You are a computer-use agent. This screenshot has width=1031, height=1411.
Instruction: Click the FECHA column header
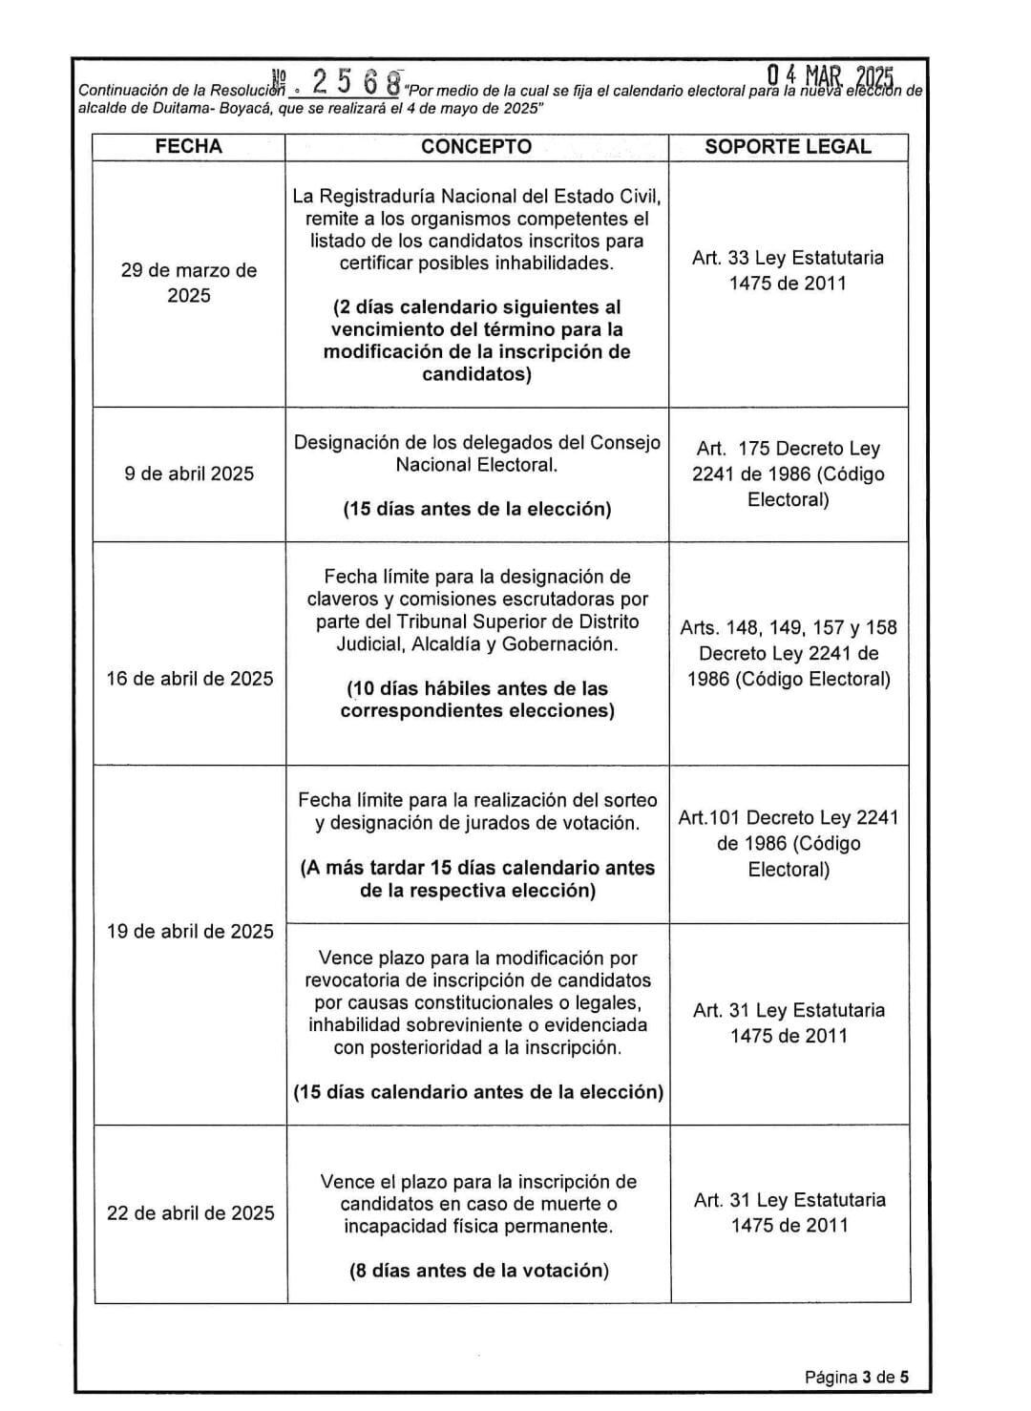pos(188,146)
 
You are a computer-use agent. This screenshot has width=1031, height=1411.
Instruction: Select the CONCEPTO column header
pos(476,146)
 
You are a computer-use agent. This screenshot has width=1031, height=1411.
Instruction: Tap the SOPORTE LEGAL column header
pos(788,146)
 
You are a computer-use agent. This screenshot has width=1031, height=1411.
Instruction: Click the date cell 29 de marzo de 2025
pos(189,283)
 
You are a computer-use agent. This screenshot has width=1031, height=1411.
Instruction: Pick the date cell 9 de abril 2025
pos(189,474)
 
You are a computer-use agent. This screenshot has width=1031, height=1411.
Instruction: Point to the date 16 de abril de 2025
pos(189,679)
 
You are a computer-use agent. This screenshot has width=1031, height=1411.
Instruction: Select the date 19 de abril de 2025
pos(190,931)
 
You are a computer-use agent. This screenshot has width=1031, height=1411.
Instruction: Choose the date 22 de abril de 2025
pos(190,1212)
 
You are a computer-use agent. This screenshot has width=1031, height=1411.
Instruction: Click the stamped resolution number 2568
pos(354,83)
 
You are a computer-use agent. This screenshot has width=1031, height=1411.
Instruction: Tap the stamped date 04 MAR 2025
pos(830,77)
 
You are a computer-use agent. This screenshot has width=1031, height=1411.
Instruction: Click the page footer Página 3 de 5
pos(856,1377)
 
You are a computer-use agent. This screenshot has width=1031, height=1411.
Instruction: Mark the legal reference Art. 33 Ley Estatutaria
pos(788,258)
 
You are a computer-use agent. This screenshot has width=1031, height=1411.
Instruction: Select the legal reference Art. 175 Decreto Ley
pos(788,449)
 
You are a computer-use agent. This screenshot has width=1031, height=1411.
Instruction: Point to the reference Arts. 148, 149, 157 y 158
pos(789,627)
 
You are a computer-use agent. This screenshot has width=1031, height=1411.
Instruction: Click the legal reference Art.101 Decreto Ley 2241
pos(789,817)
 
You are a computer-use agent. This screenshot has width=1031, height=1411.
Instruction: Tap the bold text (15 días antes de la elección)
pos(477,509)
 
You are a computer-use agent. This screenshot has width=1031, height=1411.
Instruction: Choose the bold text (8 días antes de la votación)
pos(478,1271)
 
